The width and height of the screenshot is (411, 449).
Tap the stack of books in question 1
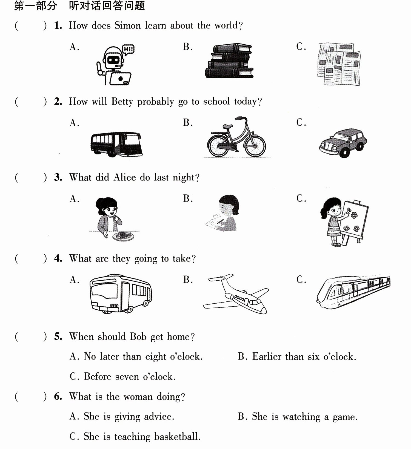tap(230, 61)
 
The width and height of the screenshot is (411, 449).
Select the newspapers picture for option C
tap(339, 64)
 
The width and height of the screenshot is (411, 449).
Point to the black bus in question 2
tap(116, 144)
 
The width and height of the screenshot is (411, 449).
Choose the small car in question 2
tap(343, 143)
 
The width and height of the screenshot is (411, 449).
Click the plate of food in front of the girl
tap(123, 236)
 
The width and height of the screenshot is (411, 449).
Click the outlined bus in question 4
tap(121, 293)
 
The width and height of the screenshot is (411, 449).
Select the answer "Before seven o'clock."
tap(122, 376)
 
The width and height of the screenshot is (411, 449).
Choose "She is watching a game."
tap(298, 417)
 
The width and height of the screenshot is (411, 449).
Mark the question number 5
tap(58, 336)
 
